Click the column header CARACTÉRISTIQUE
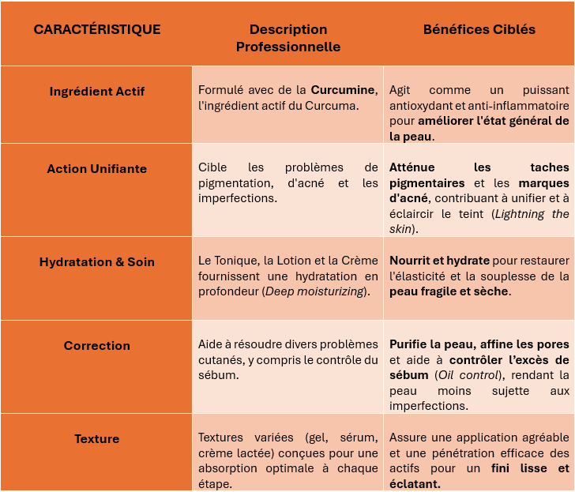96,30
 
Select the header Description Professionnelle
288,38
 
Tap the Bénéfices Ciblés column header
479,30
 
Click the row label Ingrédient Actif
96,92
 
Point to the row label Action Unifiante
96,169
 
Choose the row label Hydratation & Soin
96,262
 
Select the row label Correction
96,346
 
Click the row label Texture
96,439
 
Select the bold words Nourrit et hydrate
439,261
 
